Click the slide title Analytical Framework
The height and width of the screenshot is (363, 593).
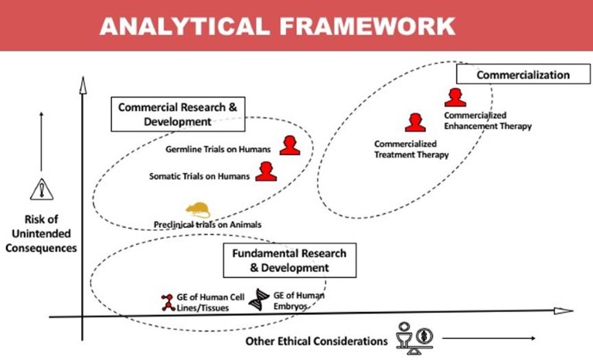(x=277, y=26)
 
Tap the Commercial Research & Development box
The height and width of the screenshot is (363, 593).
(x=177, y=114)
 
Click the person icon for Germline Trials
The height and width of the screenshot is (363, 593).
(x=290, y=145)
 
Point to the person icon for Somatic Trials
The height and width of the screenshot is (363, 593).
(x=265, y=171)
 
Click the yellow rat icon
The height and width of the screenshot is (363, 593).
(x=197, y=209)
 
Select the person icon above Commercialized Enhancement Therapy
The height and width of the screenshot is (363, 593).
(x=455, y=97)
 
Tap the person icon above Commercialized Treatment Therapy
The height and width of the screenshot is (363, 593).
(x=415, y=123)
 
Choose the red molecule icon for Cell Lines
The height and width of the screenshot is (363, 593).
(x=167, y=302)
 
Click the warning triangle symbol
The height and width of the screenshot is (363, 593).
(x=39, y=189)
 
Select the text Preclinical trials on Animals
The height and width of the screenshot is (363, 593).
(x=207, y=225)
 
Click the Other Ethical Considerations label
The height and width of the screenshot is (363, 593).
(x=316, y=341)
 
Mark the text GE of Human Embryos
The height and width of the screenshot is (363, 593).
(x=298, y=300)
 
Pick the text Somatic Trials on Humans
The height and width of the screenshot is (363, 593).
(x=199, y=176)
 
